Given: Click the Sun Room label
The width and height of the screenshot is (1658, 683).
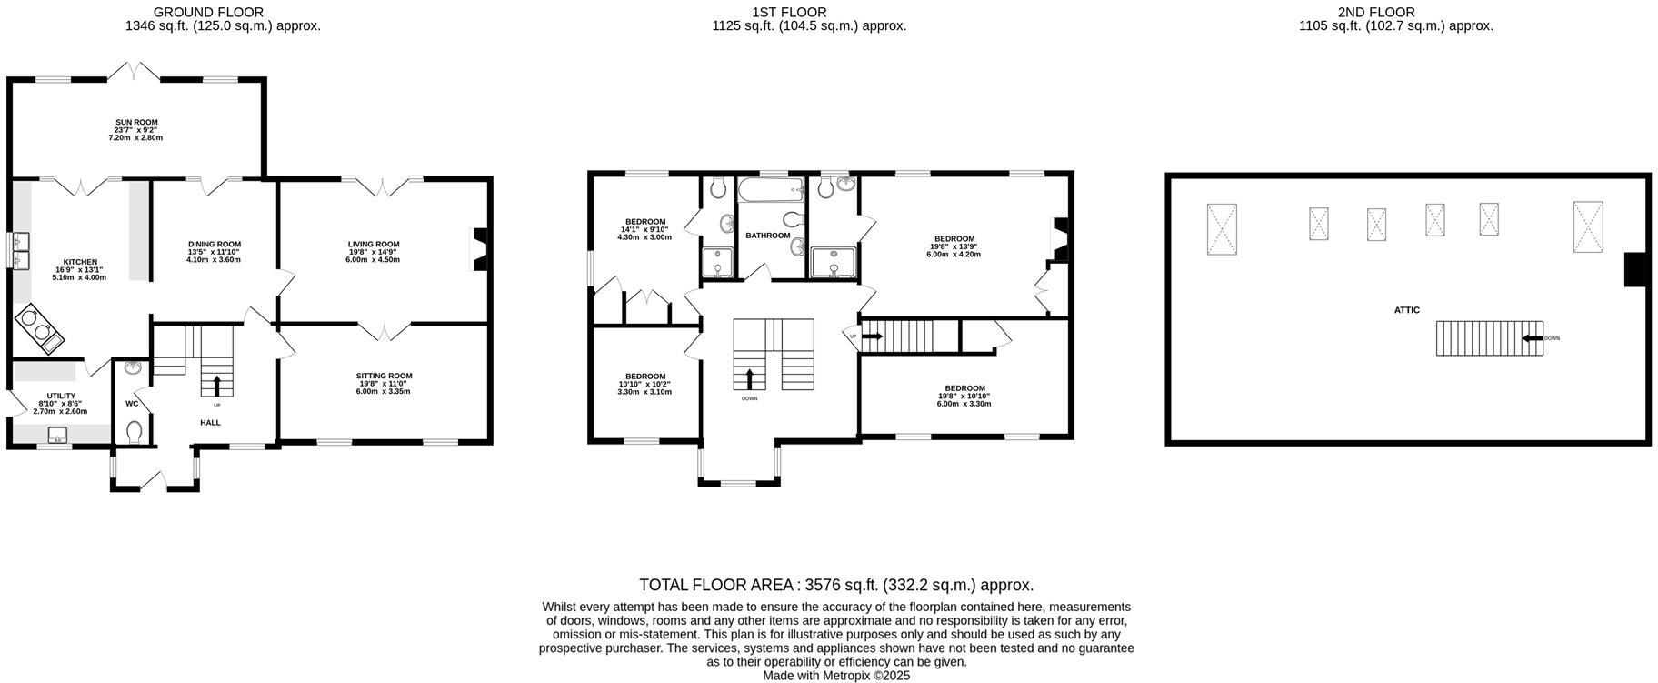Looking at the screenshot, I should click(135, 122).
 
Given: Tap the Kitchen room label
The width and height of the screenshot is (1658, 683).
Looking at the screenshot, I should click(80, 262).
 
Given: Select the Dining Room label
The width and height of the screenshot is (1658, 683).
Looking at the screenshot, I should click(215, 244).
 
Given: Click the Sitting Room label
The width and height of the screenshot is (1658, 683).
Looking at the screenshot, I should click(384, 376).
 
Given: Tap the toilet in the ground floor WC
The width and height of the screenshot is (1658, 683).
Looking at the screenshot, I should click(135, 430).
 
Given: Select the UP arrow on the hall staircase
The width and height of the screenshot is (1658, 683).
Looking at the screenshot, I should click(216, 384).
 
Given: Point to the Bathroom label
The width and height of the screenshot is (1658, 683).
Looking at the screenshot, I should click(767, 236).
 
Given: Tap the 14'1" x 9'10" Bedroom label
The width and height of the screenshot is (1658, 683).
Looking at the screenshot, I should click(644, 221).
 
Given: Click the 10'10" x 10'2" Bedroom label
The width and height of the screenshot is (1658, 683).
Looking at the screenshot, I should click(644, 377).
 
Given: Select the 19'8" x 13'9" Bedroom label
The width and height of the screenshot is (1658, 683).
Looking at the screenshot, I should click(954, 239).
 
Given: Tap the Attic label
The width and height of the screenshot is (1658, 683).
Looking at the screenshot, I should click(1406, 310).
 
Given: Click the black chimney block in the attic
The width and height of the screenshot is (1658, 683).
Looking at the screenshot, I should click(1636, 269).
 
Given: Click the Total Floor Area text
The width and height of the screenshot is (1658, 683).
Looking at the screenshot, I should click(836, 585).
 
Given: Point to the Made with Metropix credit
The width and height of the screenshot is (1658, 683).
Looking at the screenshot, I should click(836, 676).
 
